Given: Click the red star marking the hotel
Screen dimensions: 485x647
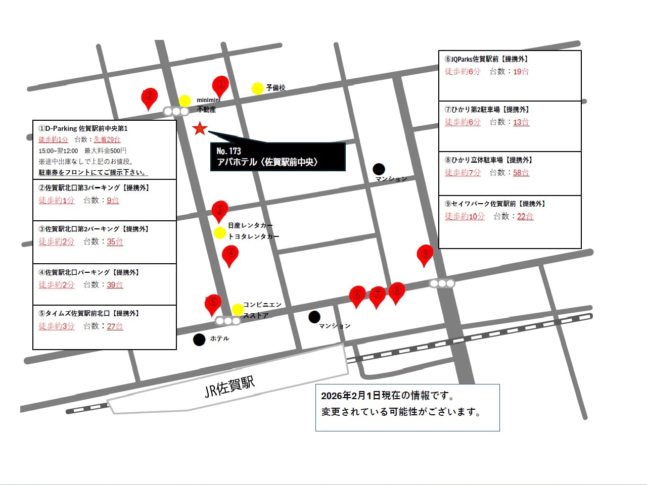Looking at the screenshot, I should pos(200,128).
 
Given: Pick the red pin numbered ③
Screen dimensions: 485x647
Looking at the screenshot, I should pos(219,210).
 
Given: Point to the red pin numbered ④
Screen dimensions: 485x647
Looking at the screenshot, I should pos(230,254).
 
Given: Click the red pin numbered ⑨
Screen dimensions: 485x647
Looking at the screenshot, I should pos(425,254).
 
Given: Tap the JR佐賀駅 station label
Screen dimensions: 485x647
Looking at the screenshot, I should pos(229,386).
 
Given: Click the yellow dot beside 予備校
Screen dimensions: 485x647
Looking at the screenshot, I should pos(258,88).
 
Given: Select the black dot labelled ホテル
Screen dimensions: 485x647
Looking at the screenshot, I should pos(199,339).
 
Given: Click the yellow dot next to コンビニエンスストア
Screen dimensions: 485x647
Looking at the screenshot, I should pos(238,309).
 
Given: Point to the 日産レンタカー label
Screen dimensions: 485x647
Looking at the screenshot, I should pos(250,225).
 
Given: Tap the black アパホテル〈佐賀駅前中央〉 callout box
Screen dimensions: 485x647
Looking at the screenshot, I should pos(278,157).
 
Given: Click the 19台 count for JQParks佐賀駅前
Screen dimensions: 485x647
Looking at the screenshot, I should pos(521,72).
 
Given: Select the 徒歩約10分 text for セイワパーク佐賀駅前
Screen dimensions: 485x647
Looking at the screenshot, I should pos(465,216).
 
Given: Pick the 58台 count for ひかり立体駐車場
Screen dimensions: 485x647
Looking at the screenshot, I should pos(521,173).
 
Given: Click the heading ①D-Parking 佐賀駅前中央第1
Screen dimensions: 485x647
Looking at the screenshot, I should pos(83,128).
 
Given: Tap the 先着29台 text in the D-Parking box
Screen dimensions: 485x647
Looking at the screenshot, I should pos(107,139).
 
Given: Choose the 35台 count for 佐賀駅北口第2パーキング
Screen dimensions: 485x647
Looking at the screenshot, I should pos(115,241).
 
